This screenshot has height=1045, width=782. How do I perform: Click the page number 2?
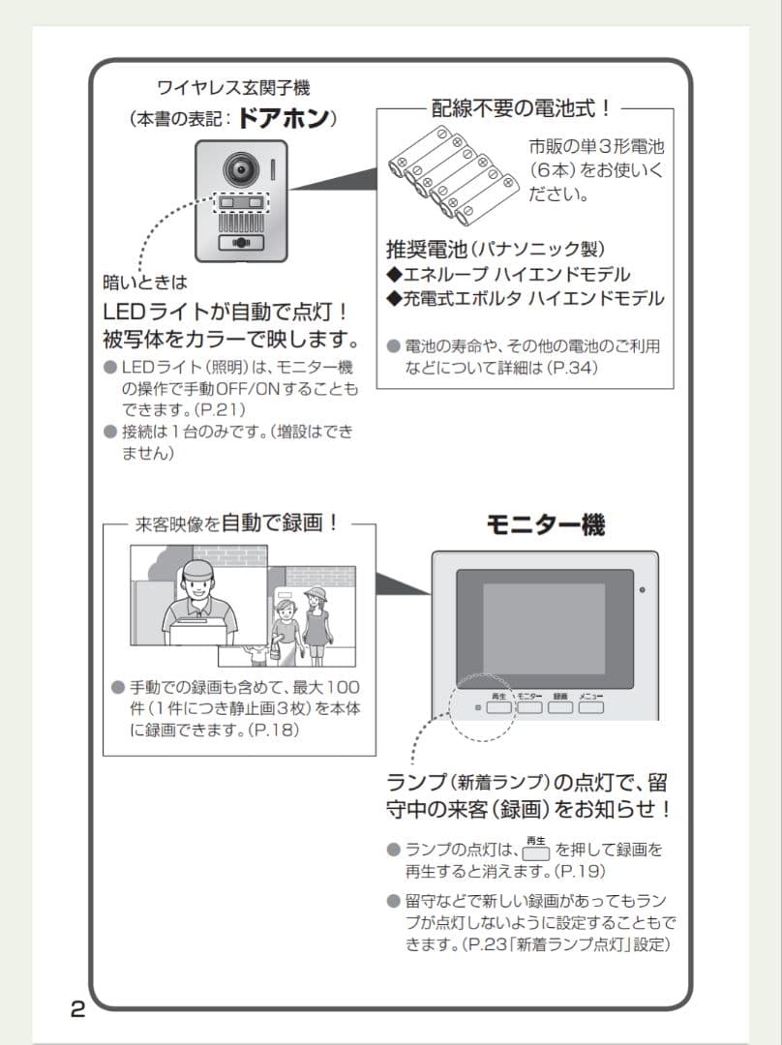(77, 1010)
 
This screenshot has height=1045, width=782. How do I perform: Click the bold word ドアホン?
(282, 119)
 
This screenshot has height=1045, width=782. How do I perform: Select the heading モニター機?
(545, 524)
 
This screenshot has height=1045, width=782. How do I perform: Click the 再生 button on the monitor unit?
(499, 707)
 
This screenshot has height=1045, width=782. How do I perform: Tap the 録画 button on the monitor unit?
(560, 707)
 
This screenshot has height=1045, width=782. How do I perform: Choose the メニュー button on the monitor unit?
(591, 707)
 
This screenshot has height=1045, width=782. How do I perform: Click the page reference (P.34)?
(571, 368)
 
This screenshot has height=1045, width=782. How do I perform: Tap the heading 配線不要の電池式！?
(521, 108)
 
